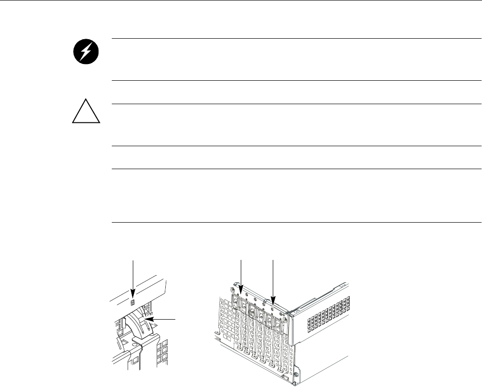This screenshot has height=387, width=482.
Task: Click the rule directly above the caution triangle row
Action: (296, 104)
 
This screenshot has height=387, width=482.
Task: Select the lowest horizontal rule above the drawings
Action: (296, 222)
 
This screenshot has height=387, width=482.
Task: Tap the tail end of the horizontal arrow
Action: (175, 318)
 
